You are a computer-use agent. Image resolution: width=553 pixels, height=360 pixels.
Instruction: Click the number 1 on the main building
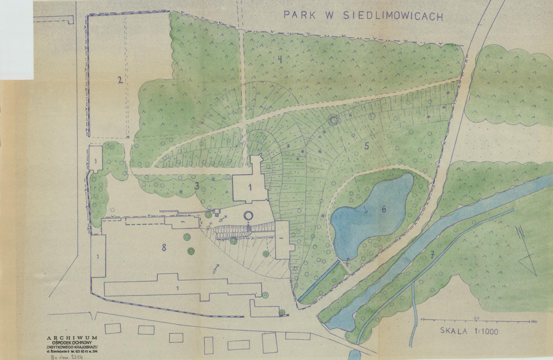click(250, 187)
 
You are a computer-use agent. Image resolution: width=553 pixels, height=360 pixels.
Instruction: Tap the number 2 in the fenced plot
click(119, 80)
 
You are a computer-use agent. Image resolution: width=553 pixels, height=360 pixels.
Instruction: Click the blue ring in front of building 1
click(249, 215)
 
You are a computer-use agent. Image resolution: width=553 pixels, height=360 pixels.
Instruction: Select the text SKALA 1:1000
click(469, 331)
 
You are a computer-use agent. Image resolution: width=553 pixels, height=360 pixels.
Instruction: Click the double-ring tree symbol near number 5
click(333, 120)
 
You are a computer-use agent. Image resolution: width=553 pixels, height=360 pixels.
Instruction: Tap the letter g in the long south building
click(178, 288)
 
